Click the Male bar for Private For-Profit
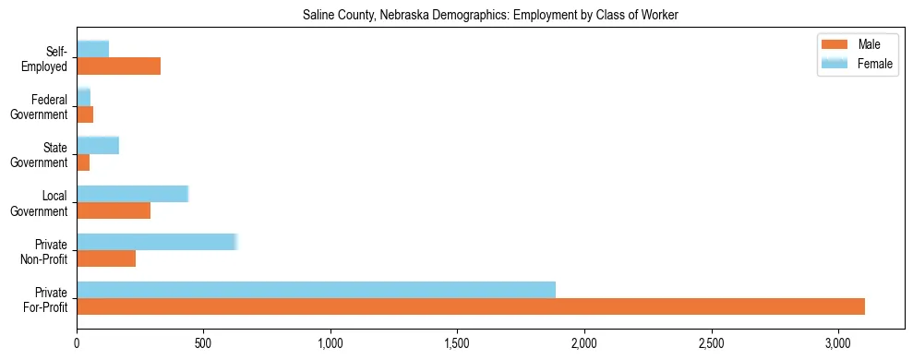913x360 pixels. click(x=471, y=306)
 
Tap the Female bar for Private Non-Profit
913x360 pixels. click(x=157, y=242)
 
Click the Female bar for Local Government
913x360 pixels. click(x=132, y=194)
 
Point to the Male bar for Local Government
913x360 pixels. click(x=114, y=210)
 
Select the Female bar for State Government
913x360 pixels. click(x=98, y=145)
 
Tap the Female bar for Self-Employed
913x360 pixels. click(x=93, y=49)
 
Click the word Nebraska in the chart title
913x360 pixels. click(x=390, y=16)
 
